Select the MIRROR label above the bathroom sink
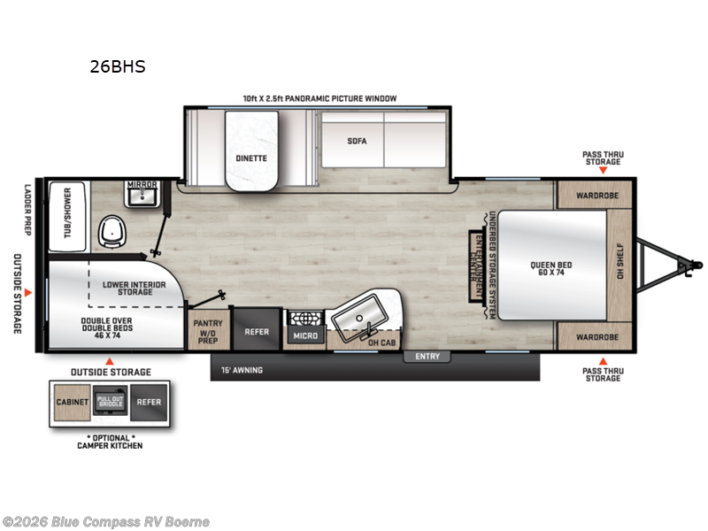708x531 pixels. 142,184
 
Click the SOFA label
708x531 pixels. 357,141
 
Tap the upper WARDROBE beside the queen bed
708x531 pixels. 592,195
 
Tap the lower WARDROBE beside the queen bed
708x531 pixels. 592,337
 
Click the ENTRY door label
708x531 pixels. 427,357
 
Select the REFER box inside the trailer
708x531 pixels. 257,331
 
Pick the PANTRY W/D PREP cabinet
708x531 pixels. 208,330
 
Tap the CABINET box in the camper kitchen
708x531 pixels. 73,402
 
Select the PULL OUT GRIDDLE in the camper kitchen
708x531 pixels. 112,402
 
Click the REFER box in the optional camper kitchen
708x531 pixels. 149,402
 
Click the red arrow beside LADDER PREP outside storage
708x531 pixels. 28,290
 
